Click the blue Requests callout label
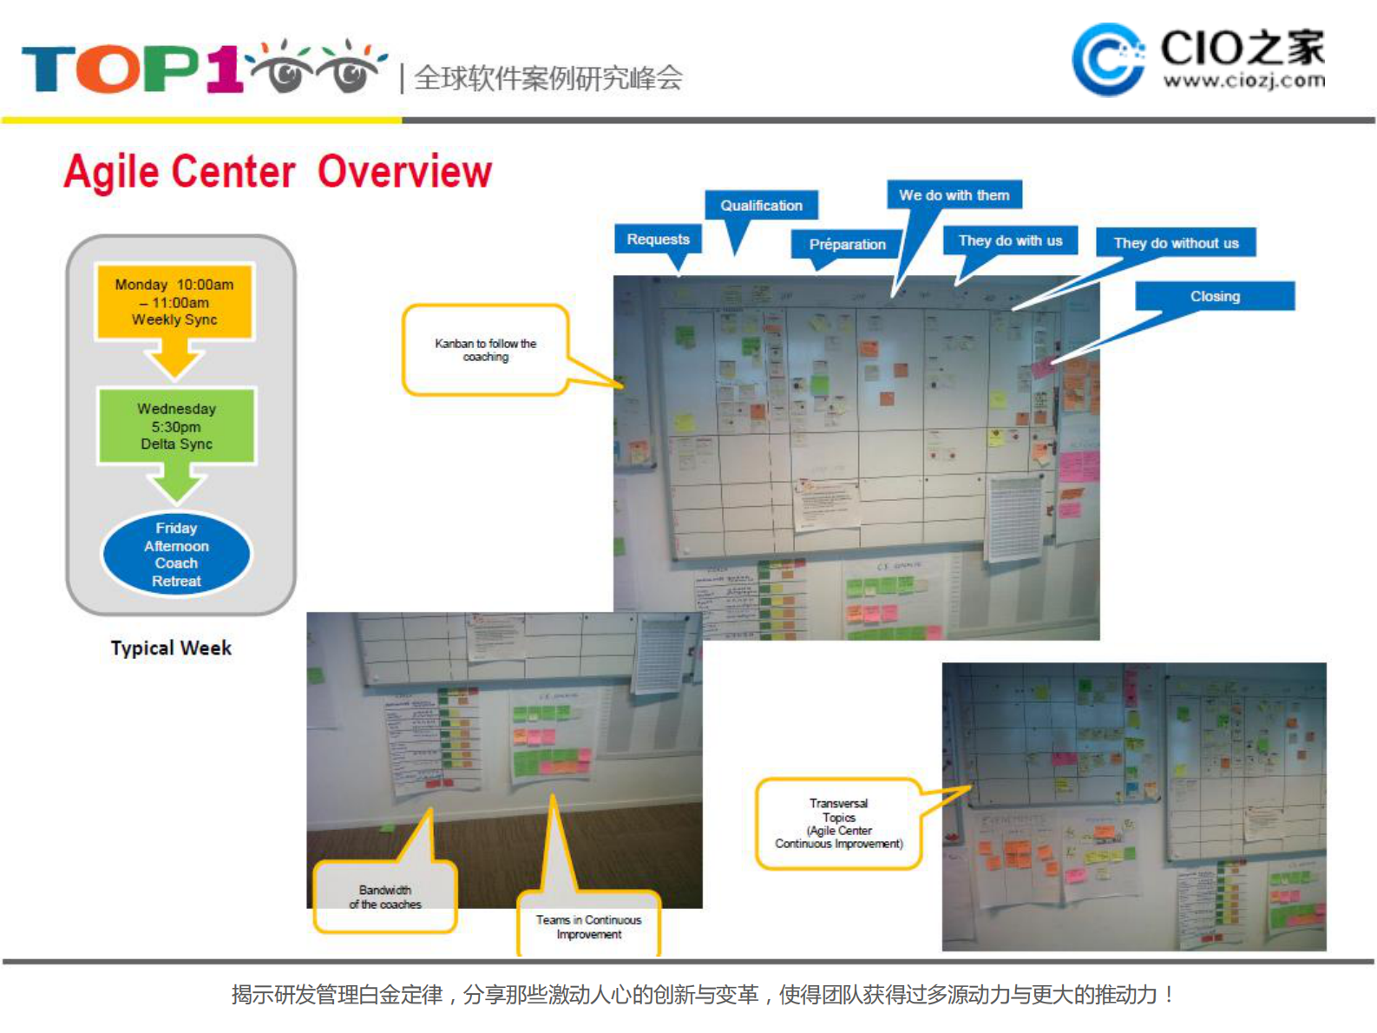click(658, 239)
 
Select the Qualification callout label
click(761, 206)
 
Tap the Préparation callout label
click(847, 244)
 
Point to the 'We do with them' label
click(954, 195)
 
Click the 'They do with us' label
click(1010, 240)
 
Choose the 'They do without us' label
click(1176, 243)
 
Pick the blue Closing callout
click(1215, 296)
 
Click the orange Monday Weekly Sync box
click(174, 301)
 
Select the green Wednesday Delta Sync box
click(176, 425)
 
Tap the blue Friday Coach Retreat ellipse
click(176, 554)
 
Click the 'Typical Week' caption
click(171, 648)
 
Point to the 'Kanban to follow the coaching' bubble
click(485, 350)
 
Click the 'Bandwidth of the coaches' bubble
click(384, 897)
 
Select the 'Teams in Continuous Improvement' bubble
click(588, 926)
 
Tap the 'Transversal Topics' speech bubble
click(838, 823)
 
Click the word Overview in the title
click(404, 171)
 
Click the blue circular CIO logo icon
click(1107, 59)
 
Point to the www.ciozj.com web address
click(1243, 81)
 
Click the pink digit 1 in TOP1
click(224, 68)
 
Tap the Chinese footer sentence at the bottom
click(703, 994)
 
